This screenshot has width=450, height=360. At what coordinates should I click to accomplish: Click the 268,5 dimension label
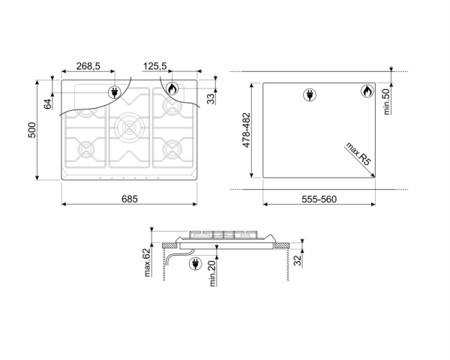tap(88, 66)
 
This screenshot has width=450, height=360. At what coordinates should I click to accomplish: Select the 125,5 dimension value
tap(154, 66)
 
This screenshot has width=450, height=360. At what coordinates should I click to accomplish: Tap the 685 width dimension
tap(130, 199)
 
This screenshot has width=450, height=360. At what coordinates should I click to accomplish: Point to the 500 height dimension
tap(31, 130)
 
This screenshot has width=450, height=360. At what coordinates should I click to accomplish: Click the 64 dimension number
tap(48, 104)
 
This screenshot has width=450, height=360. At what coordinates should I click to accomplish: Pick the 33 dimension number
tap(211, 99)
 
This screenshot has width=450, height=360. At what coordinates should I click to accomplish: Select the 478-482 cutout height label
tap(247, 130)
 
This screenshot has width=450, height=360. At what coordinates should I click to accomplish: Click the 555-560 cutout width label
tap(319, 199)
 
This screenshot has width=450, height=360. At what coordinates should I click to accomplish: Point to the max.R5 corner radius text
tap(358, 154)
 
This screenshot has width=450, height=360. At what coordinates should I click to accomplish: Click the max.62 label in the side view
tap(147, 262)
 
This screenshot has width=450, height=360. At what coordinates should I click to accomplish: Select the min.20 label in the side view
tap(212, 273)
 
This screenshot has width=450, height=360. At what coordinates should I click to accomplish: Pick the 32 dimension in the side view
tap(298, 260)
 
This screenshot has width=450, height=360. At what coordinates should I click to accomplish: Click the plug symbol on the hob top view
tap(115, 92)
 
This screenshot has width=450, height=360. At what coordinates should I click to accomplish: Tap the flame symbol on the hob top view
tap(172, 88)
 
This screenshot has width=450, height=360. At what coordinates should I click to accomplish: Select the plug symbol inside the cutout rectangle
tap(310, 94)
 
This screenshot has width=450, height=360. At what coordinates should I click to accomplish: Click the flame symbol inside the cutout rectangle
tap(367, 91)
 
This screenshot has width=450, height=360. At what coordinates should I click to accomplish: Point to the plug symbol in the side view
tap(196, 263)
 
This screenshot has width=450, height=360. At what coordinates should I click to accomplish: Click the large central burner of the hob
tap(129, 127)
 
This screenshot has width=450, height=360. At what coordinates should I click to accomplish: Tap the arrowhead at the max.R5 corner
tap(373, 175)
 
